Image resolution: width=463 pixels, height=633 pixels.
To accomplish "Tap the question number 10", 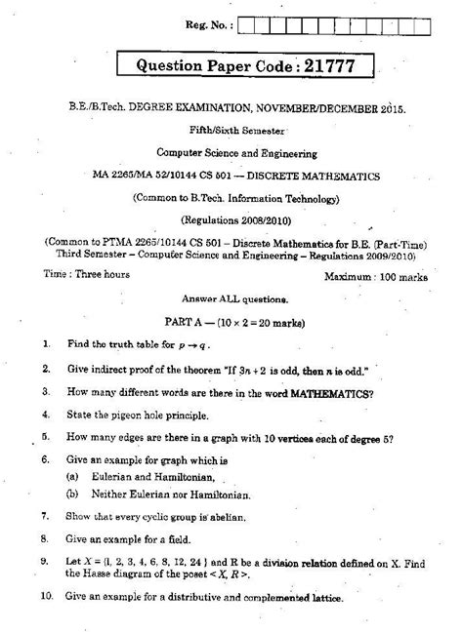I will [x=46, y=594].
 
